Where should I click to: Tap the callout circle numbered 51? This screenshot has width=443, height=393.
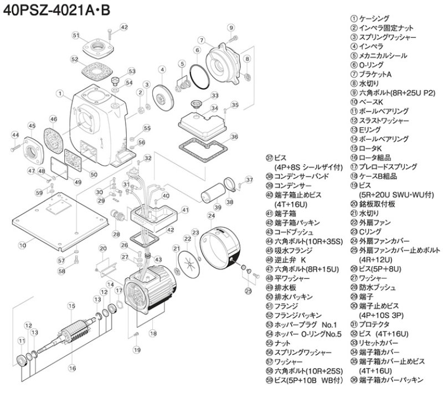(76, 35)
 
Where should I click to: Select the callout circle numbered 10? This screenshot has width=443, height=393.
(22, 244)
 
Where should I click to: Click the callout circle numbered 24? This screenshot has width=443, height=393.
(211, 215)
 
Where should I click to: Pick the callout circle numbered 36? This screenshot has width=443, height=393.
(234, 136)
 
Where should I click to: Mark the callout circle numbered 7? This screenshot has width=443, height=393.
(203, 39)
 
